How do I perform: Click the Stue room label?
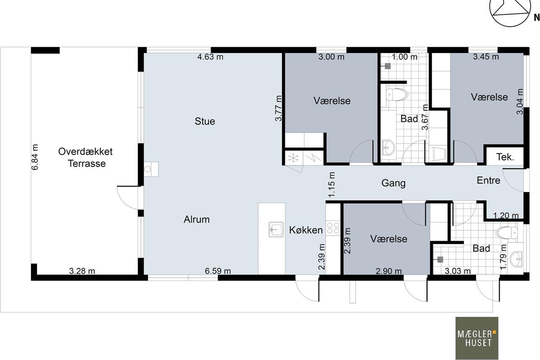(205, 121)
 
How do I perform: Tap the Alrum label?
(197, 220)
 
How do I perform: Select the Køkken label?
(306, 230)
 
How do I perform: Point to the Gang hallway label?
(393, 183)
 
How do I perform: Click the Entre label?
(488, 180)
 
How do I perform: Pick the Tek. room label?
(505, 157)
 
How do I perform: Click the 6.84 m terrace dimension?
(35, 157)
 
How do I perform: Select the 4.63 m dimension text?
(210, 57)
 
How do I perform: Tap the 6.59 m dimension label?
(218, 271)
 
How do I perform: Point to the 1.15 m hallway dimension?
(332, 184)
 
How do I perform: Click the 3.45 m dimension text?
(486, 57)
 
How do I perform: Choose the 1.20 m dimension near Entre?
(506, 215)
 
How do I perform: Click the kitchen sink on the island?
(276, 229)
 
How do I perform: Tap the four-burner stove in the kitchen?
(333, 228)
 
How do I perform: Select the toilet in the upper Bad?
(396, 94)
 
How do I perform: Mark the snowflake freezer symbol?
(293, 158)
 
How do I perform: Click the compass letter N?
(536, 18)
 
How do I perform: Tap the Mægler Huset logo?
(477, 338)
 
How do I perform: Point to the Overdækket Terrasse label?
(85, 157)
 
